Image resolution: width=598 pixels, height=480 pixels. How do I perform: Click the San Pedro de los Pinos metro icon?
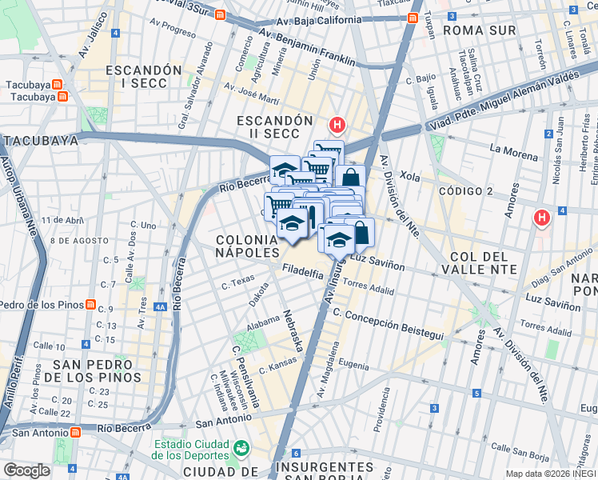pos(92,305)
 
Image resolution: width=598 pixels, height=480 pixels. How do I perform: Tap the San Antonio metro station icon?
pos(76,432)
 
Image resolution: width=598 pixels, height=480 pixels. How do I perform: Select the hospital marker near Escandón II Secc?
pos(337,125)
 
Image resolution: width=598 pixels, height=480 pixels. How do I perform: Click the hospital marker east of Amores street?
pos(543,217)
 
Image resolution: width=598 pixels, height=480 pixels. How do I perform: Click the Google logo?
pos(26,470)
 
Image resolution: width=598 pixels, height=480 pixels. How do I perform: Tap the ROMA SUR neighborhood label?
pos(480,30)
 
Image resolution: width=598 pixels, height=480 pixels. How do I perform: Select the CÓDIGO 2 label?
pos(465,191)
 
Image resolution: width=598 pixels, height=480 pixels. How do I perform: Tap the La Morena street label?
pos(515,149)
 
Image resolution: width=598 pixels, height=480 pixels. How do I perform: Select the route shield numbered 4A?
pos(160,306)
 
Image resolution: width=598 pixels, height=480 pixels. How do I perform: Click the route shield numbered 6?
pos(294,454)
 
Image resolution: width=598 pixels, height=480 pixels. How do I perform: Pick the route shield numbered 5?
pos(476,394)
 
